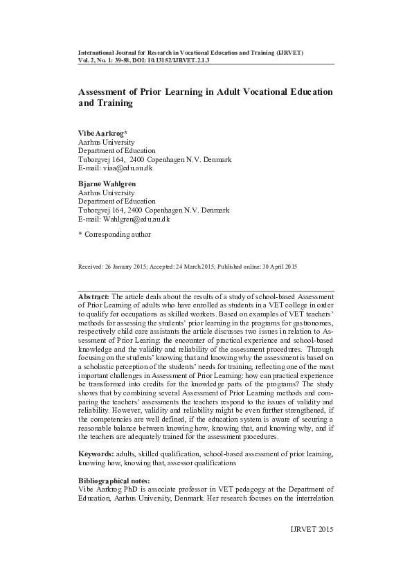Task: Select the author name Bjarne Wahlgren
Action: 107,183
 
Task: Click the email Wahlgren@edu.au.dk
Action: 136,219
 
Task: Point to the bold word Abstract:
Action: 94,295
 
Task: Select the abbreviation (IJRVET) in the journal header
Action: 289,53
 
